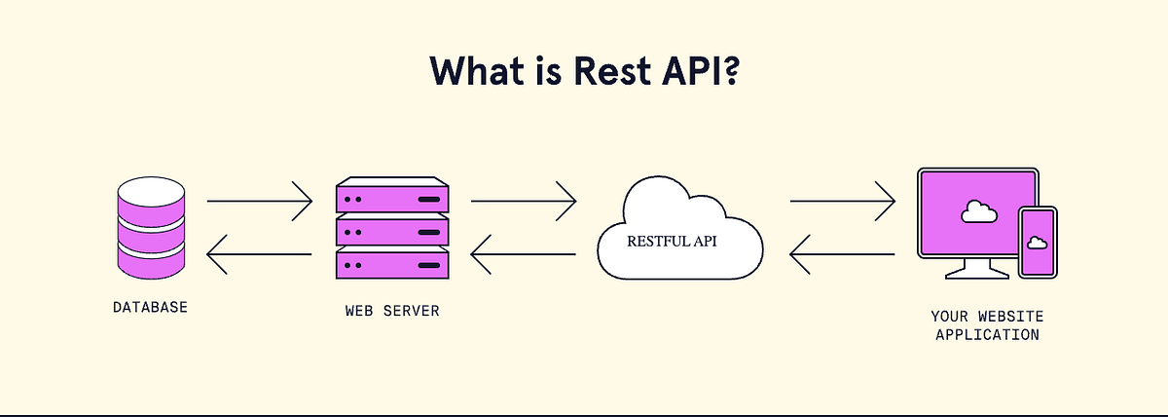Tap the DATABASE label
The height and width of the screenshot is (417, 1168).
pos(150,308)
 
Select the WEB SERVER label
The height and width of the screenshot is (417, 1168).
pos(392,312)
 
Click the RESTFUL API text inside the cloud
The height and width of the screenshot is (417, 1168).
pos(672,241)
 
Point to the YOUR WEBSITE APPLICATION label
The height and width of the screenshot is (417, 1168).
pos(987,325)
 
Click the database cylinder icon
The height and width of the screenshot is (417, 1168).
pos(150,226)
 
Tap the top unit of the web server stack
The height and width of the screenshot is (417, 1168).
pos(392,198)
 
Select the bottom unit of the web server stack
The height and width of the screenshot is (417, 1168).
pos(392,264)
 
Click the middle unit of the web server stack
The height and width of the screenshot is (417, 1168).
pos(392,231)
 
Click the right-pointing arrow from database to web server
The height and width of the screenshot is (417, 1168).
pos(259,202)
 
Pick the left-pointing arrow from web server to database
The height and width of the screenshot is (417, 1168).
pos(259,256)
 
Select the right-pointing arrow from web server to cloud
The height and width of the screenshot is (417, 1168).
pos(523,202)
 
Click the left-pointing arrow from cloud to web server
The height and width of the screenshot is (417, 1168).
pos(523,256)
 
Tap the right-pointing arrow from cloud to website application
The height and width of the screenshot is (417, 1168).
pos(842,202)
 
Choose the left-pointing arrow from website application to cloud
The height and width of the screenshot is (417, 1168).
pos(842,256)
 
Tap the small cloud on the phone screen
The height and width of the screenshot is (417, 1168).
pos(1038,242)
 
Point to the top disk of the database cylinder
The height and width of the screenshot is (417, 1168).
pos(150,192)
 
